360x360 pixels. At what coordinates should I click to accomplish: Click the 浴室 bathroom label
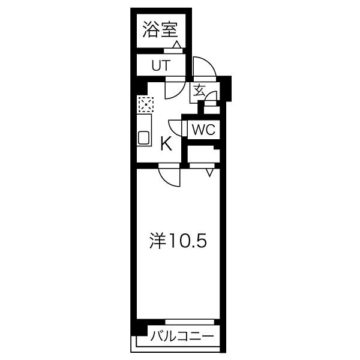pyautogui.click(x=160, y=29)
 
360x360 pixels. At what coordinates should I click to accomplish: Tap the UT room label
pyautogui.click(x=161, y=65)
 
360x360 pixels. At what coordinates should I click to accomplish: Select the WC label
pyautogui.click(x=203, y=130)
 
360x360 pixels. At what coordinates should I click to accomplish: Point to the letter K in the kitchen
pyautogui.click(x=166, y=143)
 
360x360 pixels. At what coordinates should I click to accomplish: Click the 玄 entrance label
pyautogui.click(x=199, y=90)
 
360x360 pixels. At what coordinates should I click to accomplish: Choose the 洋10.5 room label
pyautogui.click(x=178, y=241)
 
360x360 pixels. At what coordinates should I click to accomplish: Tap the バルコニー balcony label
pyautogui.click(x=182, y=337)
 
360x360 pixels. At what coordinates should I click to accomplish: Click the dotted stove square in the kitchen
pyautogui.click(x=146, y=104)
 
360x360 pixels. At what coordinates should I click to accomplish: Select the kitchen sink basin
pyautogui.click(x=144, y=138)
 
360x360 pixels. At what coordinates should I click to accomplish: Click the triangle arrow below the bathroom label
pyautogui.click(x=177, y=44)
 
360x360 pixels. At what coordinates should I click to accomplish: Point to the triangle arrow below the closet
pyautogui.click(x=209, y=173)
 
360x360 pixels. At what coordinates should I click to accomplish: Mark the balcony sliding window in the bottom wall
pyautogui.click(x=190, y=322)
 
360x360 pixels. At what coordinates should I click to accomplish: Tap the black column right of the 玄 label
pyautogui.click(x=226, y=88)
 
